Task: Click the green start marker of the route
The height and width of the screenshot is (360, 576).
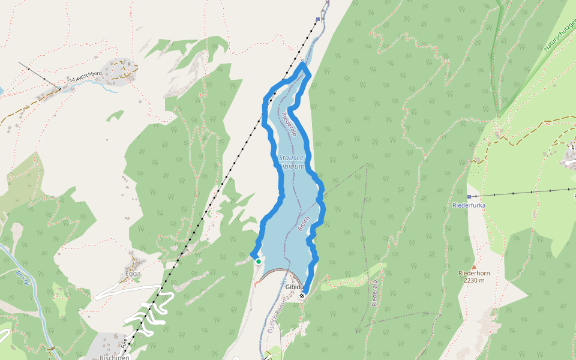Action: tap(258, 261)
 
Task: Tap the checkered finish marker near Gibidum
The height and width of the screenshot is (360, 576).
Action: tap(302, 295)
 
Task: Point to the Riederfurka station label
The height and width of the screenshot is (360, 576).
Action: tap(469, 205)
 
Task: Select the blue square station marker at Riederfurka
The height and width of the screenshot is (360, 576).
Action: tap(469, 196)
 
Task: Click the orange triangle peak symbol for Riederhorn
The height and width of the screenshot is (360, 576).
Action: tap(473, 266)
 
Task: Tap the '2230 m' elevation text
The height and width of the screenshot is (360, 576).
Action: tap(474, 280)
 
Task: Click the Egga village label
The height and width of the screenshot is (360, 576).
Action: tap(133, 274)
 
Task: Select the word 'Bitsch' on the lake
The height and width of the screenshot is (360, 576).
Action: tap(303, 223)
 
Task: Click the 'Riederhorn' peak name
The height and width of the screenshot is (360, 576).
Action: tap(474, 273)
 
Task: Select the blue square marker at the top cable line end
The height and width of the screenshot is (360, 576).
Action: tap(318, 19)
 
